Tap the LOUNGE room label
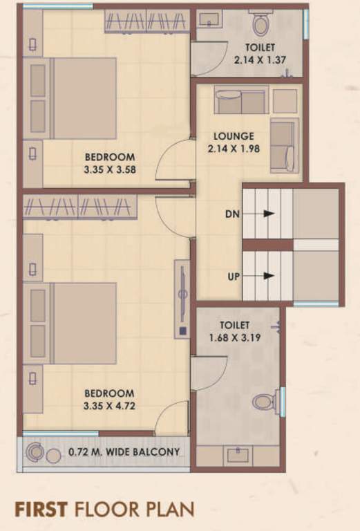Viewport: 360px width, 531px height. coord(233,136)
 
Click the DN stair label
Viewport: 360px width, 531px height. coord(232,214)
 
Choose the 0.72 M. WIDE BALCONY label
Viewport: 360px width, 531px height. coord(124,453)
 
